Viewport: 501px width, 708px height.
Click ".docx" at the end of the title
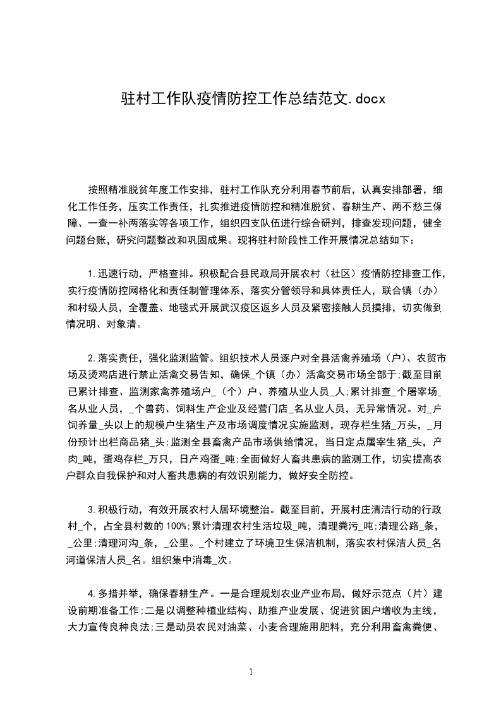(365, 98)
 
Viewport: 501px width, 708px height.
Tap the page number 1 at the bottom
(251, 672)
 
